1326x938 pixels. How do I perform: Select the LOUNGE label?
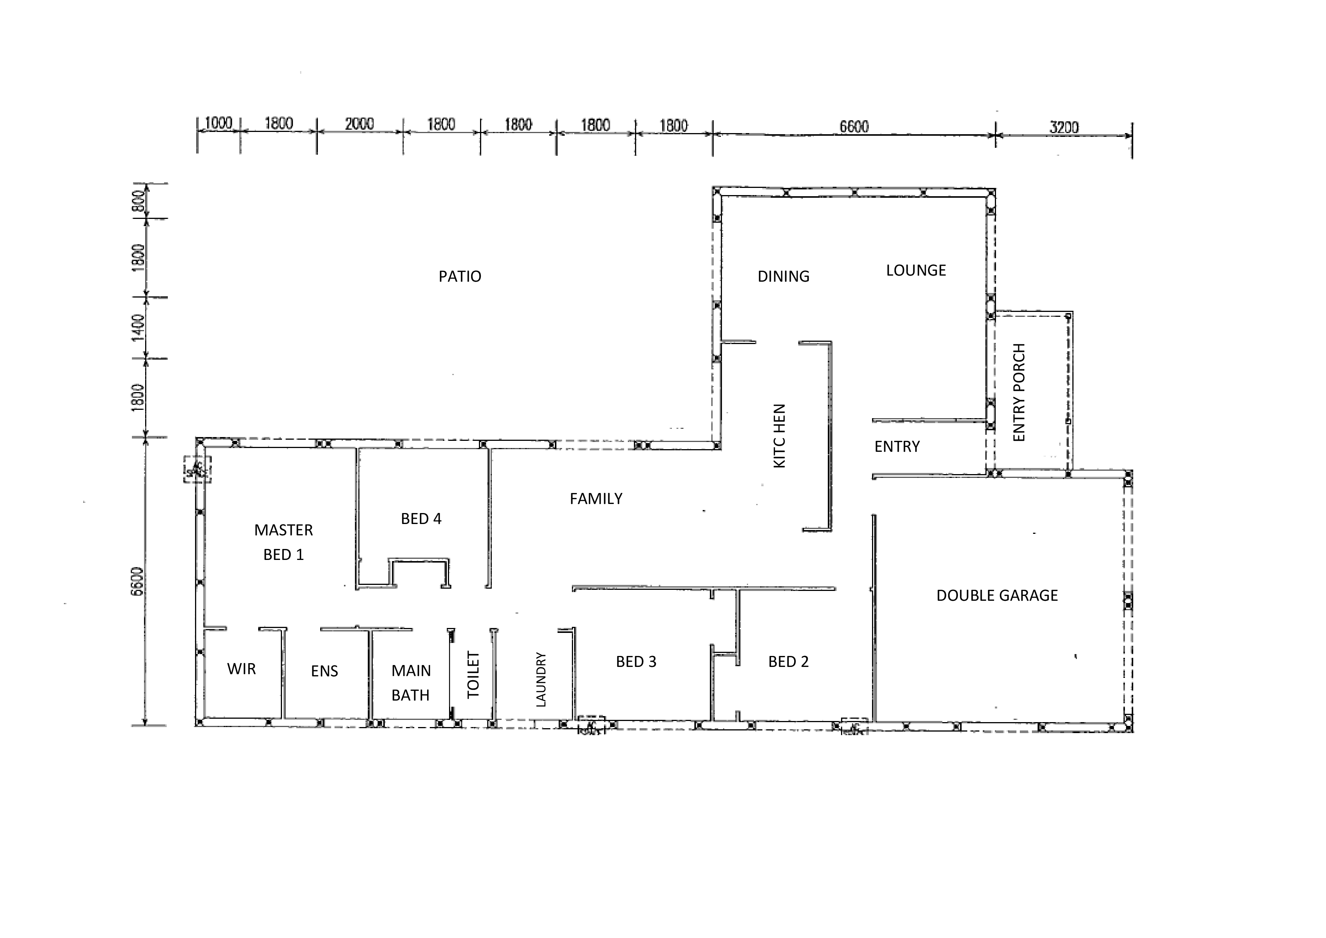(x=916, y=270)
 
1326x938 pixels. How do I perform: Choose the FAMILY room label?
(x=596, y=498)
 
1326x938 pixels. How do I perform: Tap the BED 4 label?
(x=421, y=519)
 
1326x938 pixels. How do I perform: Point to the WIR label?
(x=242, y=669)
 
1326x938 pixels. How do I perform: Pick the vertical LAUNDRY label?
(x=541, y=680)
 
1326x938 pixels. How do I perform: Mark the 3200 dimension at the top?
(x=1064, y=127)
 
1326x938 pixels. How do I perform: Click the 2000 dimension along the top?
(x=359, y=124)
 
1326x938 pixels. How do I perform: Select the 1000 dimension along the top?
(x=218, y=123)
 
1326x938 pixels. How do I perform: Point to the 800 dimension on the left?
(x=138, y=201)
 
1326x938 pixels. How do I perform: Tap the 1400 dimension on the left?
(x=138, y=327)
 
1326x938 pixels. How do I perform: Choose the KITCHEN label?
(x=779, y=436)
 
